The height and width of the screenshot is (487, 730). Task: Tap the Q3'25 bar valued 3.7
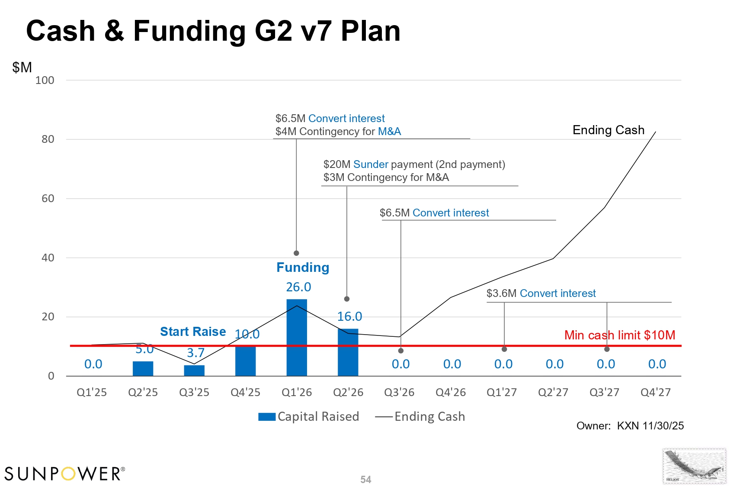[x=194, y=371]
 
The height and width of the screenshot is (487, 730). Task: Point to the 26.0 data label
[x=298, y=287]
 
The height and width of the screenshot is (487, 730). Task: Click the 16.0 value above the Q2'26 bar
[x=349, y=316]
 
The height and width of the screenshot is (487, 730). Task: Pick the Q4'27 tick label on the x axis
[x=656, y=392]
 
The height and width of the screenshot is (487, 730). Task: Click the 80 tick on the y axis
[x=48, y=139]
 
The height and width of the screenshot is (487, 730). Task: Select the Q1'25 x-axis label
[x=92, y=392]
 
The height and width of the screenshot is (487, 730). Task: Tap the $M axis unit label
[x=22, y=68]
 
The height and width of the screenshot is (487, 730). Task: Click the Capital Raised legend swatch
[x=266, y=417]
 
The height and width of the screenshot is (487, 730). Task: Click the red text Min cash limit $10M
[x=620, y=335]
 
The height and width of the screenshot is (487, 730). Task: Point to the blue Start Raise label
[x=193, y=332]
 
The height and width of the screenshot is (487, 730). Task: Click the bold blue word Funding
[x=303, y=268]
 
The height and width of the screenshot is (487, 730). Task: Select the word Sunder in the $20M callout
[x=371, y=164]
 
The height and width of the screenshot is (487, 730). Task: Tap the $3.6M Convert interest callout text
[x=541, y=293]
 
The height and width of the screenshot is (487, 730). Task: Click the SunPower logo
[x=65, y=474]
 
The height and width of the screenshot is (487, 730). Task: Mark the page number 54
[x=366, y=480]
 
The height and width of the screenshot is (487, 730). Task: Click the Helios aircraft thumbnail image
[x=694, y=466]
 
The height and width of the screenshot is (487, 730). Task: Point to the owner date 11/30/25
[x=663, y=426]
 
